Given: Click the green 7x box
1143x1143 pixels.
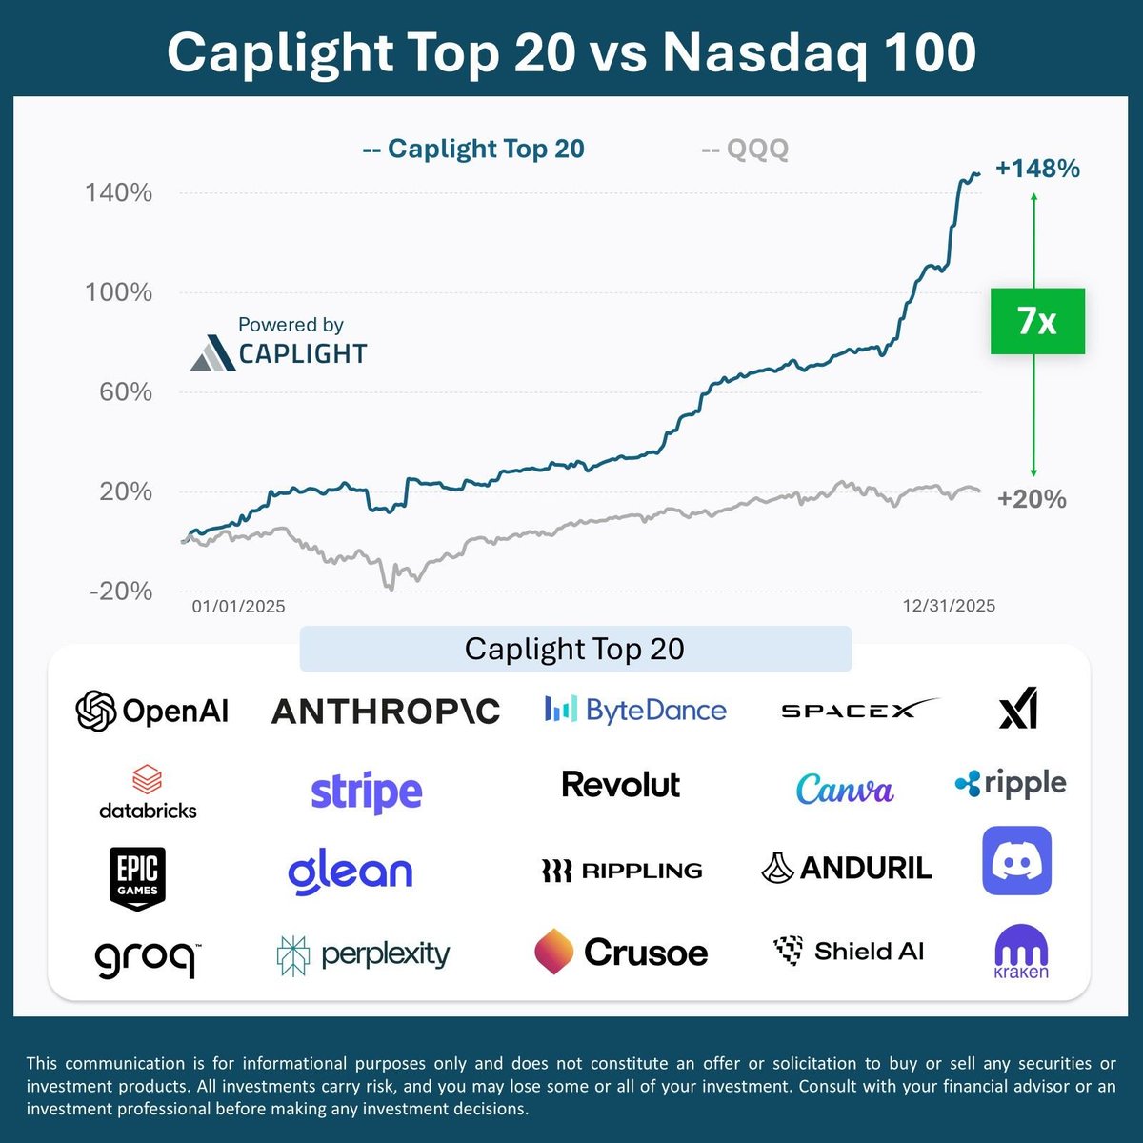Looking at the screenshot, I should click(1037, 321).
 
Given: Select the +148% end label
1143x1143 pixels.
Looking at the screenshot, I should click(1037, 169).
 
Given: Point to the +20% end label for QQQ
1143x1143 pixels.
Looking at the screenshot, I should click(1032, 499).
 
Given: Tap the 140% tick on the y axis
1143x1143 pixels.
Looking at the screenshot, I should click(119, 193).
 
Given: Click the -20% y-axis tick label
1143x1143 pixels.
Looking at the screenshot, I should click(121, 592).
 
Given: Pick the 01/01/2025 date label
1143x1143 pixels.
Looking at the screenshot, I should click(238, 607).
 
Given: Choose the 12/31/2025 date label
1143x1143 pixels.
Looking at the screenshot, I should click(949, 607).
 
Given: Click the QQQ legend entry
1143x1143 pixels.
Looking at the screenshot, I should click(745, 150).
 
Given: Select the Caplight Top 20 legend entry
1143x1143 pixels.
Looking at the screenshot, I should click(473, 150).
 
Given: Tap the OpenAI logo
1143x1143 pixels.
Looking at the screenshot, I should click(152, 711).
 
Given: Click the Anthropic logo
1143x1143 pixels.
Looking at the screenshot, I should click(386, 712).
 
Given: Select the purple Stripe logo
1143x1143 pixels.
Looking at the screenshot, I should click(367, 792).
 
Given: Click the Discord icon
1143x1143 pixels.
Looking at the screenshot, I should click(1016, 861).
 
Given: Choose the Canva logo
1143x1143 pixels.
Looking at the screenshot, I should click(845, 789).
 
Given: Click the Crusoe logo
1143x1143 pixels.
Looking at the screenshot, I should click(621, 952).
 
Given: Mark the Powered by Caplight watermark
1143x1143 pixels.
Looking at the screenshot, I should click(280, 343).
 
